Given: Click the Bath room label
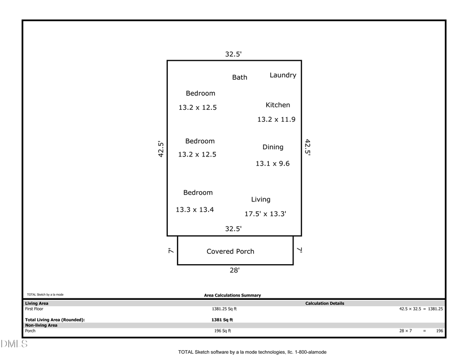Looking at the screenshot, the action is coord(240,77).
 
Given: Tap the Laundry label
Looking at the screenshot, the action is coord(283,75).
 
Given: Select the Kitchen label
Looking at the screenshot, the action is coord(278,105).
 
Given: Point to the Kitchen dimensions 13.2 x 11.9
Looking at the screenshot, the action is coord(276,120).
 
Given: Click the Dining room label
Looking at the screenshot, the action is coord(273,147).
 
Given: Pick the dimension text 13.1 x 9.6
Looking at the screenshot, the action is coord(272,164).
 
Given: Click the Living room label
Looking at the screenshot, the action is coord(260,199).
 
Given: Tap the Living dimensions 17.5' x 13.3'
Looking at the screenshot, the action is coord(266,214).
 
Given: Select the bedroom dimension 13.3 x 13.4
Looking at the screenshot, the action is coord(195,210).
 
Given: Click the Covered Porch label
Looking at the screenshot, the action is coord(230,252).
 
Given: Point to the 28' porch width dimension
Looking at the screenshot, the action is coord(235,270).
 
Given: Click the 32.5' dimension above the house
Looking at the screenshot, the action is coord(234,54).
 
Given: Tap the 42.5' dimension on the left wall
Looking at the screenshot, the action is coord(161,149).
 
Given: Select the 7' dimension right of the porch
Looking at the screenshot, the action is coord(300,250).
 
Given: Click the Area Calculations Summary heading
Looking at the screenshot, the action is coord(232,295).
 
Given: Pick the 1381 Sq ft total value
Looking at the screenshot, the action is coord(222,320).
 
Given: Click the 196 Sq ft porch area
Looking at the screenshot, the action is coord(223,331).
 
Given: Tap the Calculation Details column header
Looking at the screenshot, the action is coord(325,304).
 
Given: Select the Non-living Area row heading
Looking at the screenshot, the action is coord(41,325).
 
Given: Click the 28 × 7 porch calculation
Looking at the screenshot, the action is coord(405,331).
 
